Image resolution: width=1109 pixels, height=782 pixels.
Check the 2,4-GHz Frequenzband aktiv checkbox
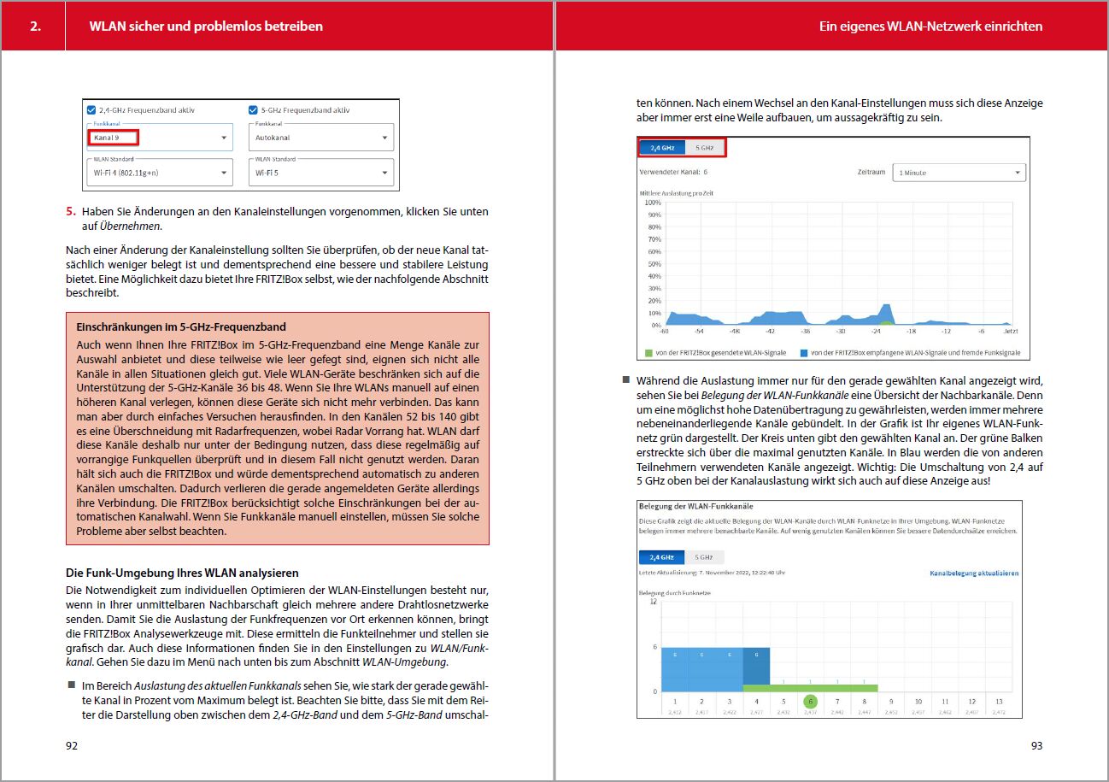91,109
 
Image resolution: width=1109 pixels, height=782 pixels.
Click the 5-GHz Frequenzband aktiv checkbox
253,109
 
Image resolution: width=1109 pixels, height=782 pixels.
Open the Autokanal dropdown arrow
385,138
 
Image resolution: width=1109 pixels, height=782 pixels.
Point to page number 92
72,745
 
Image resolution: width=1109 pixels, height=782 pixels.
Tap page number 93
1036,745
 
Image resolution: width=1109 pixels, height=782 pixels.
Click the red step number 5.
72,211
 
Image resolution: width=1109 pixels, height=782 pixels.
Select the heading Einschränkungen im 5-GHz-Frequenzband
181,326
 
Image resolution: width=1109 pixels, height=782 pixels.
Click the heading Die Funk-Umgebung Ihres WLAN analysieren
182,572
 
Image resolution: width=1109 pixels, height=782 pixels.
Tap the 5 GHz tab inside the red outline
705,147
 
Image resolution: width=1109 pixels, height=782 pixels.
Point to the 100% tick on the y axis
652,203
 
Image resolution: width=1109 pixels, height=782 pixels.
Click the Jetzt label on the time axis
1011,332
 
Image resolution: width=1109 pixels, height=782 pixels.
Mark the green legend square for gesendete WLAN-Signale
648,352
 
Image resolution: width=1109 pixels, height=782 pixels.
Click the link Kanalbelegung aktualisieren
974,573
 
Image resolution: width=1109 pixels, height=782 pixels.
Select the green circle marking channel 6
811,701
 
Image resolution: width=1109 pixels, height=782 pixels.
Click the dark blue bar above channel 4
756,666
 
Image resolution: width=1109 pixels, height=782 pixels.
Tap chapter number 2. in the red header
35,26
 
